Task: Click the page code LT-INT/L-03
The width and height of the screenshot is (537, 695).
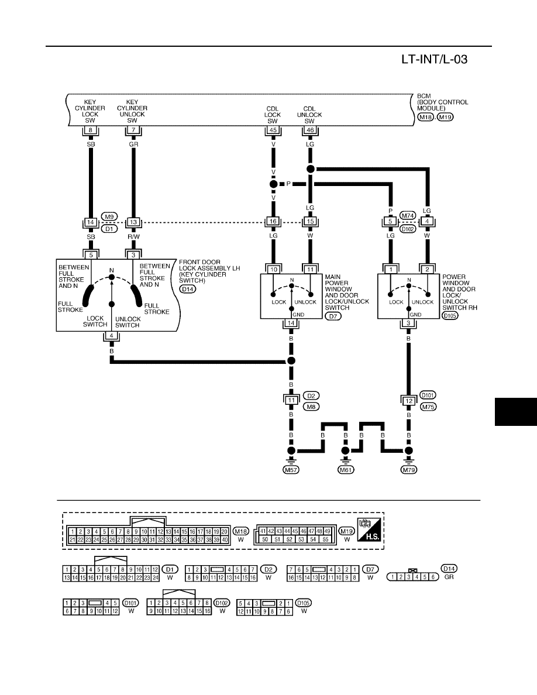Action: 434,60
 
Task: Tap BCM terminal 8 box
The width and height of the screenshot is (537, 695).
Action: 91,130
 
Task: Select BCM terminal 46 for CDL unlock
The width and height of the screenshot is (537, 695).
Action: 309,130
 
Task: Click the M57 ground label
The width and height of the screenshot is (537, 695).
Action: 291,470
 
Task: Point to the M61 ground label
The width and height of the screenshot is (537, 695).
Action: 346,470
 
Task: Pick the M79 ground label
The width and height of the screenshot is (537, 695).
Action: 408,470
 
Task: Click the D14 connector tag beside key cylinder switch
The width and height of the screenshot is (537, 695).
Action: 188,289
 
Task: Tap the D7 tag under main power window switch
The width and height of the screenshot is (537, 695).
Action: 333,316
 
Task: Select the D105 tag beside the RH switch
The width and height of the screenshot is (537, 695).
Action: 450,315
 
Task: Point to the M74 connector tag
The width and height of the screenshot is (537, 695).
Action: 408,216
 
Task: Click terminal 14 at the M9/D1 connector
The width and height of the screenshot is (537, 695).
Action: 91,222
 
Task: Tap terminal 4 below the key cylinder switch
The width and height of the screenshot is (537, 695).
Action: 112,336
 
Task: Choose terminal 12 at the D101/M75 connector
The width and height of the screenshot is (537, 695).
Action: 408,401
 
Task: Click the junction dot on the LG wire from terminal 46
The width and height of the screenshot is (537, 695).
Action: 311,169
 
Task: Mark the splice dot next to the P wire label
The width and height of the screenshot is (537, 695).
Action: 273,184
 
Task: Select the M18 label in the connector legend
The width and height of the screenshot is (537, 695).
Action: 241,531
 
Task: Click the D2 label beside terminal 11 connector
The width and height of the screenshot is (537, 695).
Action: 311,395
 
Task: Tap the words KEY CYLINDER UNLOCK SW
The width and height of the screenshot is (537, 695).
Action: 132,111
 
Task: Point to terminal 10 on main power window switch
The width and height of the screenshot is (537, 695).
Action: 273,270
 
